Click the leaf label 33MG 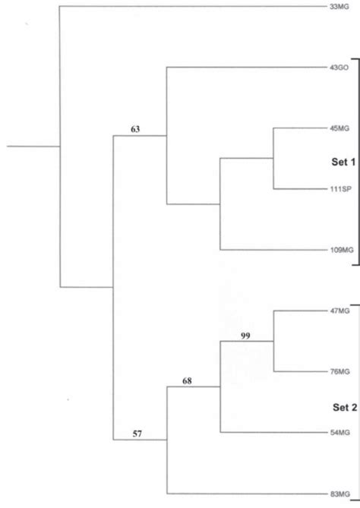tap(339, 7)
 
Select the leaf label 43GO tap(339, 68)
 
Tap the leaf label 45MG tap(339, 128)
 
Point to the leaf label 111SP tap(340, 189)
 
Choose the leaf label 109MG tap(342, 250)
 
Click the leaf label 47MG tap(340, 311)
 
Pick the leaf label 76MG tap(340, 371)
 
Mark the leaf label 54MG tap(340, 433)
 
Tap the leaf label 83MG tap(340, 494)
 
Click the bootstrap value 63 tap(135, 129)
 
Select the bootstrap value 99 tap(245, 336)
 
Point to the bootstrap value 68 tap(187, 381)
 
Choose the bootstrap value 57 tap(137, 434)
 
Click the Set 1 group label tap(343, 162)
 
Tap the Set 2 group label tap(345, 408)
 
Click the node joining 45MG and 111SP tap(273, 159)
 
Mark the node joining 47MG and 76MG tap(274, 341)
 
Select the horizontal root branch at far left tap(33, 146)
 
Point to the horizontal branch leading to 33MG tap(194, 6)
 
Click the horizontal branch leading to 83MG tap(248, 494)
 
